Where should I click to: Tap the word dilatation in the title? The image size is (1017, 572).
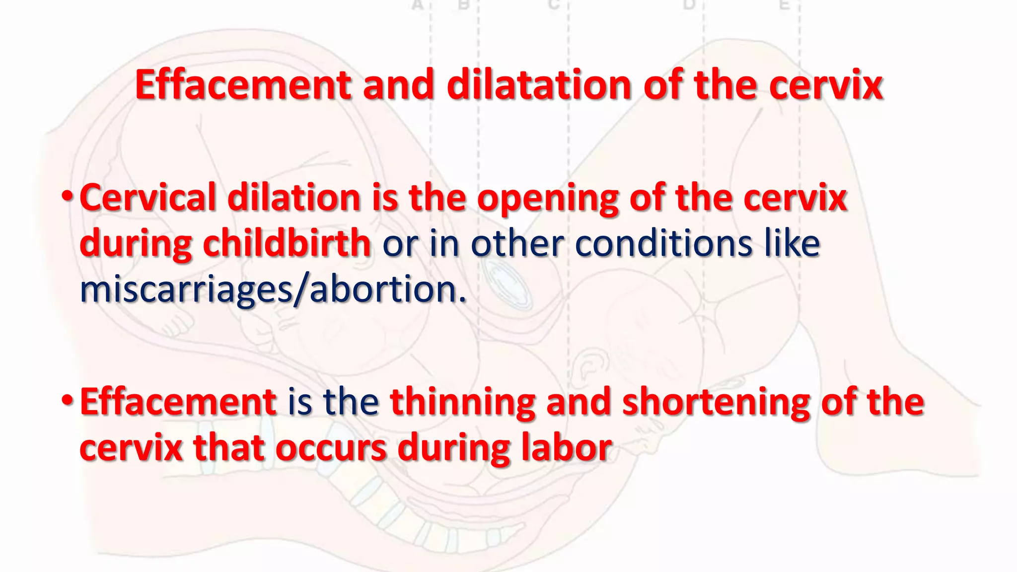tap(539, 85)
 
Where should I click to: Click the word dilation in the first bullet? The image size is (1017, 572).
tap(293, 198)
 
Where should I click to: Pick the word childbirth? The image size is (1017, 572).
tap(287, 243)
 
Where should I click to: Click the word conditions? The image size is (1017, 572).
tap(663, 243)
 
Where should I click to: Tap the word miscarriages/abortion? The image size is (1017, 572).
tap(273, 289)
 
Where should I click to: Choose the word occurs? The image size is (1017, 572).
tap(331, 448)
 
